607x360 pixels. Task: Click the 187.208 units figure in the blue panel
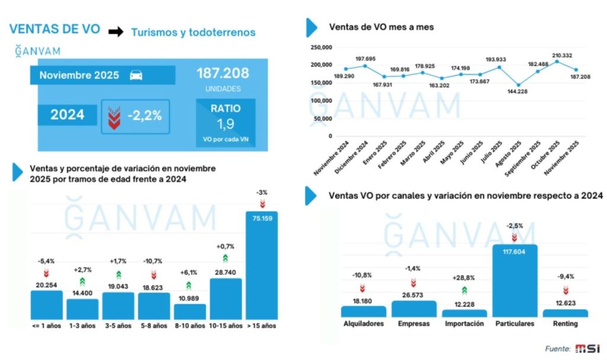(223, 74)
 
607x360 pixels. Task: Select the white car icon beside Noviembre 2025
(136, 75)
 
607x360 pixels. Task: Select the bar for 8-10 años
(190, 311)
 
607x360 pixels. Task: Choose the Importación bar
(464, 313)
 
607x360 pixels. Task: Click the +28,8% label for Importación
(464, 278)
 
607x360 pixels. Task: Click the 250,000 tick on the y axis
(321, 47)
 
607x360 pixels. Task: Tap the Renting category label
(565, 324)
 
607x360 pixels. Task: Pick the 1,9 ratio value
(225, 125)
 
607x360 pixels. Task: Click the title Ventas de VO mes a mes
(381, 27)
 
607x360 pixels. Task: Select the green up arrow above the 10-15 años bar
(226, 258)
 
